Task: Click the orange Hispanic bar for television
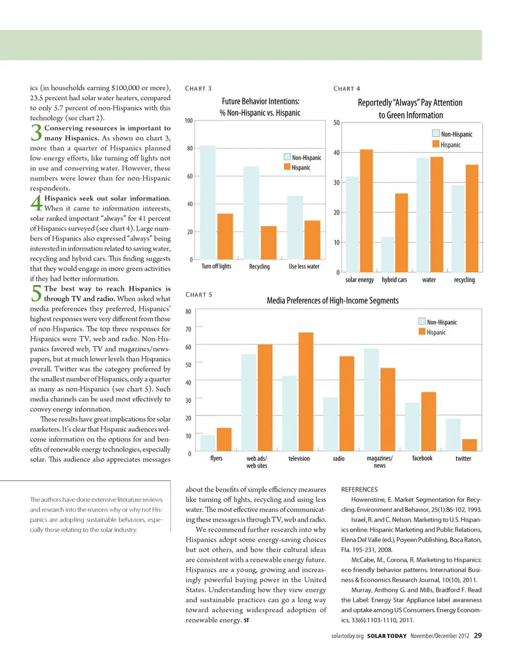(305, 393)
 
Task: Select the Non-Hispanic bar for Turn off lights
(208, 202)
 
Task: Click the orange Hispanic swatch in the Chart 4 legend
(436, 144)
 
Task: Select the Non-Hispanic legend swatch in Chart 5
(422, 322)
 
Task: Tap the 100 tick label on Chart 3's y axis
(189, 121)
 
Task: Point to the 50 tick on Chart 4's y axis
(337, 123)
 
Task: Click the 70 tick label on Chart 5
(189, 329)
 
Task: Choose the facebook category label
(422, 458)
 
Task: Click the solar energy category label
(359, 279)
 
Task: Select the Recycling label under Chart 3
(260, 266)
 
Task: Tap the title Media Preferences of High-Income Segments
(332, 301)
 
